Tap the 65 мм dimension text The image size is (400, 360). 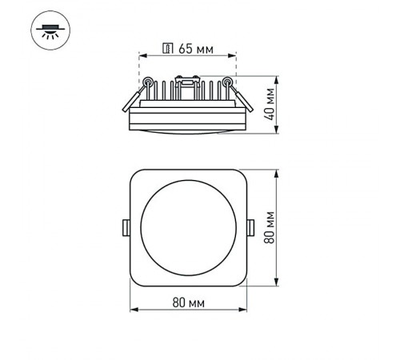coord(195,49)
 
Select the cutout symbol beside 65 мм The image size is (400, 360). coord(168,49)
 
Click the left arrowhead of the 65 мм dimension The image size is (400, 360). coord(141,56)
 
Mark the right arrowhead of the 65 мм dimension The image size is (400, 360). coord(236,56)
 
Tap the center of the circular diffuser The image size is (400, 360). coord(188,226)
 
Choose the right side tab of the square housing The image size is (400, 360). coord(250,226)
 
